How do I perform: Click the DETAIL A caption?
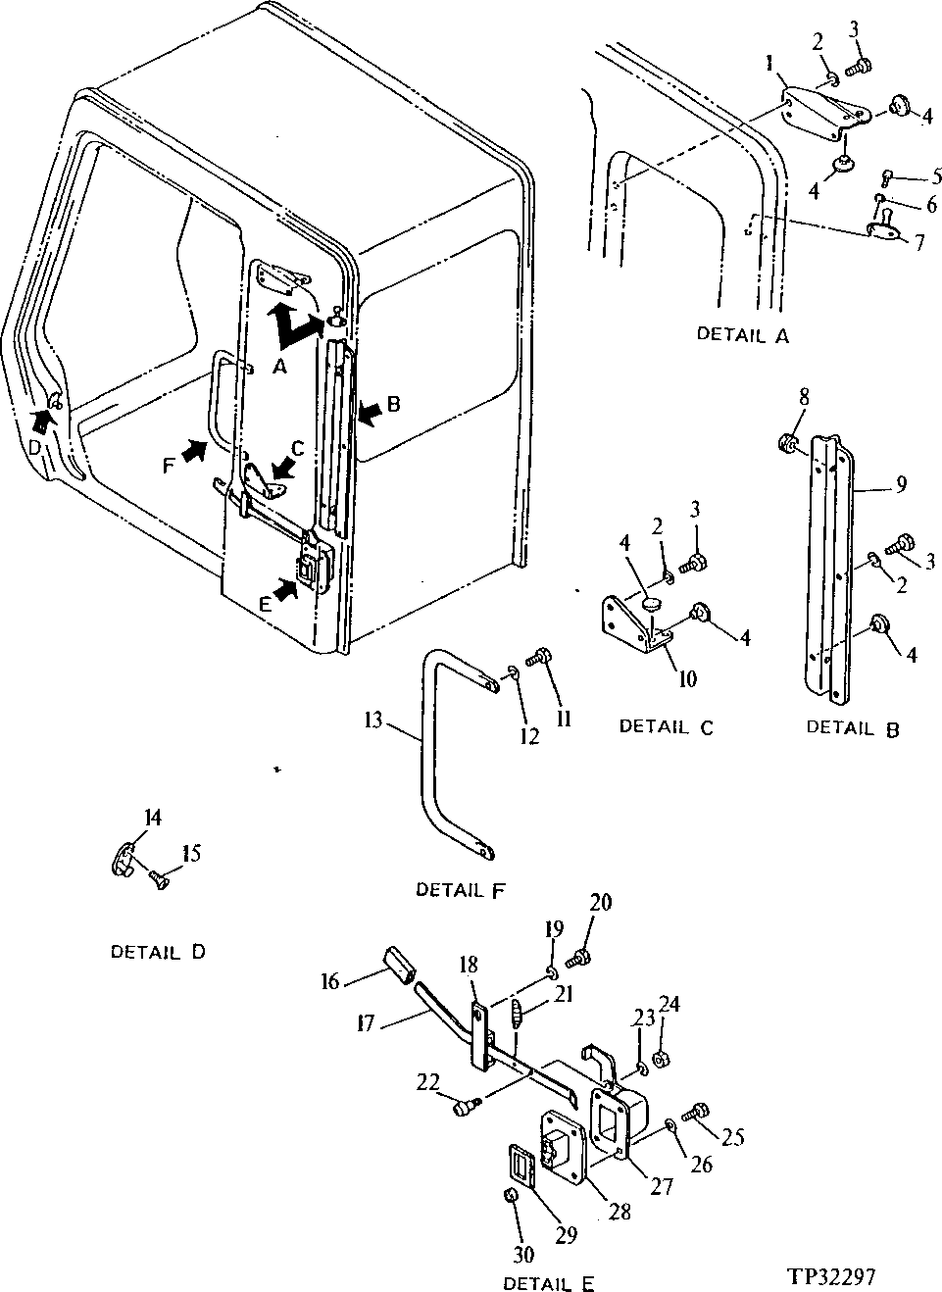pyautogui.click(x=742, y=335)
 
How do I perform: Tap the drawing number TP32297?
pyautogui.click(x=829, y=1276)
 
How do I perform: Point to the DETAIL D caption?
pyautogui.click(x=158, y=952)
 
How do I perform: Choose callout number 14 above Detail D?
pyautogui.click(x=153, y=818)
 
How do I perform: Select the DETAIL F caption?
pyautogui.click(x=461, y=890)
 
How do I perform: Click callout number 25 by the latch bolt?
pyautogui.click(x=733, y=1137)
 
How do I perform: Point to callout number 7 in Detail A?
pyautogui.click(x=918, y=242)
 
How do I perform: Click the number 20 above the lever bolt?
pyautogui.click(x=600, y=902)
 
